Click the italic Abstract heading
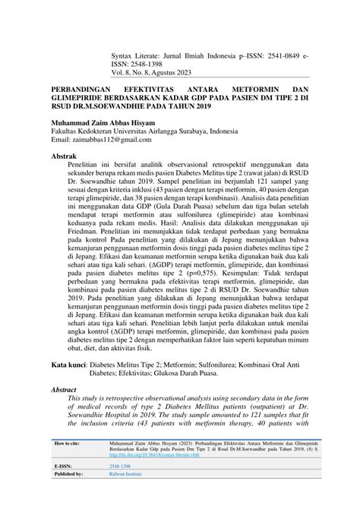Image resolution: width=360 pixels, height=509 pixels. [x=65, y=388]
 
